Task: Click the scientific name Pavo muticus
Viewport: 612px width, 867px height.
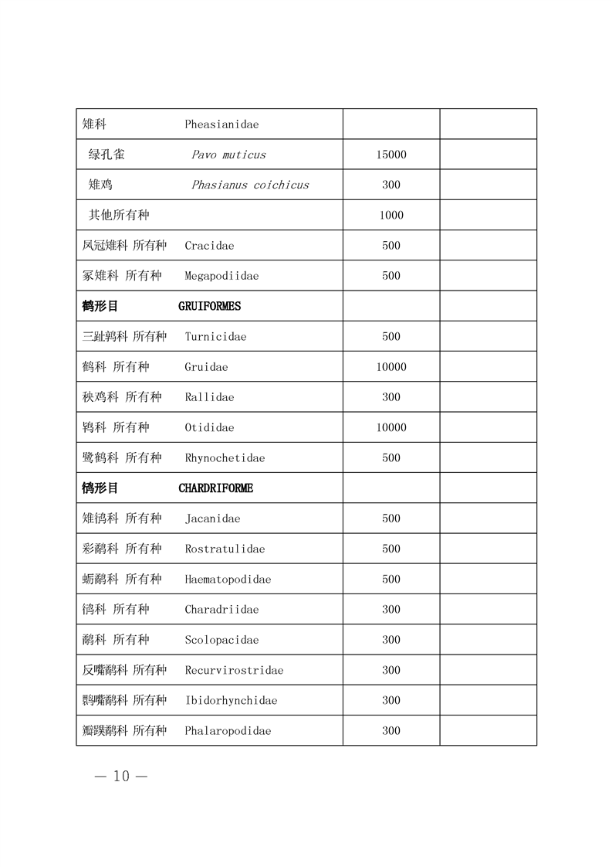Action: [x=228, y=155]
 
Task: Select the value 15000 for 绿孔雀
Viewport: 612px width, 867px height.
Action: [x=391, y=155]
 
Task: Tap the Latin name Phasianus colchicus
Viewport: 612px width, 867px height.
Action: [x=250, y=185]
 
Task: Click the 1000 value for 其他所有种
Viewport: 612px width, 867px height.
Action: [x=391, y=216]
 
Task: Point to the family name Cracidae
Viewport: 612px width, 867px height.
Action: [x=209, y=246]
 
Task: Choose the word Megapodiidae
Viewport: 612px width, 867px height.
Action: [x=221, y=276]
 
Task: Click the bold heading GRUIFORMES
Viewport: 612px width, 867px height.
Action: [x=209, y=306]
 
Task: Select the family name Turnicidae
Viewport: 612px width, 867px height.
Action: [x=215, y=337]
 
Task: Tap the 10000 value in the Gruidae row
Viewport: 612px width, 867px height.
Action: [x=391, y=367]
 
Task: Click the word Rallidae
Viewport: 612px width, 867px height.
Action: [x=209, y=397]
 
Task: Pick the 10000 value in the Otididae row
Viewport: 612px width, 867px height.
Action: [x=391, y=427]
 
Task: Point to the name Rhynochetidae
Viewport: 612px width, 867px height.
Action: [x=225, y=458]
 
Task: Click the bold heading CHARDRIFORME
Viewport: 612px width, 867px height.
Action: [x=215, y=488]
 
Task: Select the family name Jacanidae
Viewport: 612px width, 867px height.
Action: [x=212, y=518]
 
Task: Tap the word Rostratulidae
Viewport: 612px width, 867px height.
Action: [x=225, y=549]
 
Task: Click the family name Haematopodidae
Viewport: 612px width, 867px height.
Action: [x=228, y=580]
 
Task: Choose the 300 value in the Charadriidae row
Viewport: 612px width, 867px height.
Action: [x=391, y=610]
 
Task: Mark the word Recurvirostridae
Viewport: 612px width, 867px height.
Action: [x=234, y=670]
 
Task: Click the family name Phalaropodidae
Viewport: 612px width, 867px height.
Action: [x=228, y=731]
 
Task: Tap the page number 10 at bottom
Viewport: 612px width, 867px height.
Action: [x=121, y=777]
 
